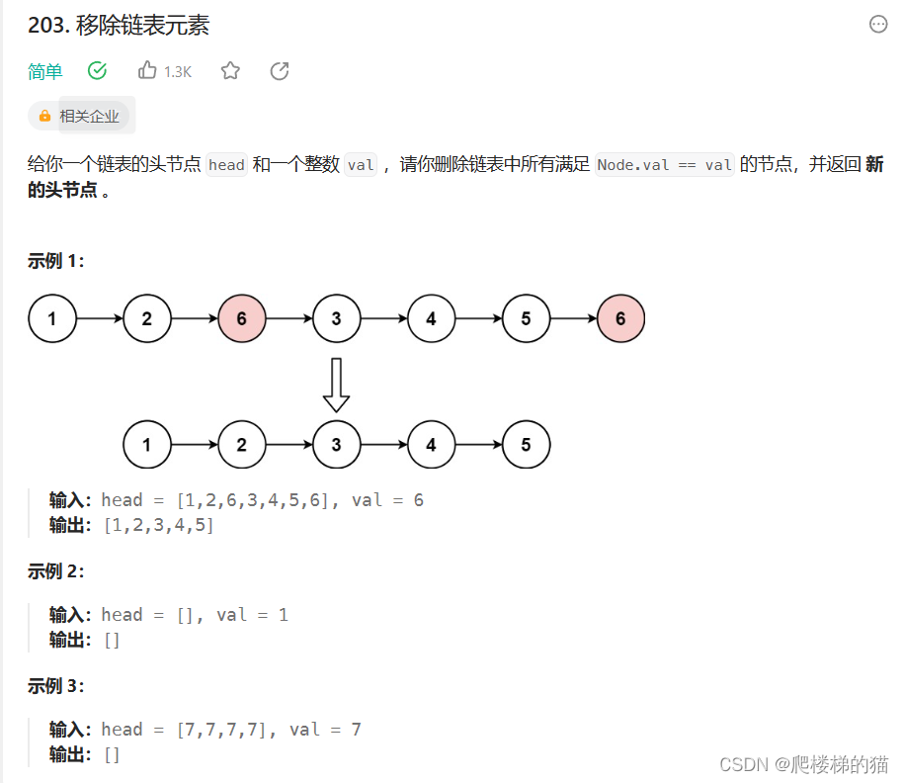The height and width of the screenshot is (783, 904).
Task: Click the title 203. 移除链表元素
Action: pyautogui.click(x=119, y=26)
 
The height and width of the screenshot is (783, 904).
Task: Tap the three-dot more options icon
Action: pyautogui.click(x=878, y=25)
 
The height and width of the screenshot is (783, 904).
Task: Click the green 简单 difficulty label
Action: pyautogui.click(x=45, y=71)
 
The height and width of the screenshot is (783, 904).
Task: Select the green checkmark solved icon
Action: pyautogui.click(x=97, y=70)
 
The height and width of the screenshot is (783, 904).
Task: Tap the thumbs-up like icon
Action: pyautogui.click(x=148, y=70)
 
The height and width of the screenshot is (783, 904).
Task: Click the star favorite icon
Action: pyautogui.click(x=230, y=70)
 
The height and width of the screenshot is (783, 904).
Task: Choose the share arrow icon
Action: pyautogui.click(x=280, y=70)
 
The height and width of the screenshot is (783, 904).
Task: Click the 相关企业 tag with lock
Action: pyautogui.click(x=80, y=116)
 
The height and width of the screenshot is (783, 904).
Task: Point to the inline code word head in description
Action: pyautogui.click(x=226, y=165)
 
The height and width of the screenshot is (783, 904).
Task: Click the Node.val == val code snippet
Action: pyautogui.click(x=664, y=165)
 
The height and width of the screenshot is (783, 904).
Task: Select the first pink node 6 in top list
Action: pyautogui.click(x=242, y=318)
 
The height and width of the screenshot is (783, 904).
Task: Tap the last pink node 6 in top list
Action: pyautogui.click(x=620, y=318)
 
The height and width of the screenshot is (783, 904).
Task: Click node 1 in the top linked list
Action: pyautogui.click(x=52, y=318)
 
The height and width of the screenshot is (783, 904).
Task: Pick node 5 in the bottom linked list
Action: pyautogui.click(x=526, y=445)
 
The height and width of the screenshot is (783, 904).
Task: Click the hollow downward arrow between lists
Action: pyautogui.click(x=337, y=385)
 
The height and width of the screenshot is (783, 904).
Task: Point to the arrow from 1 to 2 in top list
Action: pyautogui.click(x=100, y=318)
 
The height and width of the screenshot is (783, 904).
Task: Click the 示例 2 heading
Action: pyautogui.click(x=56, y=571)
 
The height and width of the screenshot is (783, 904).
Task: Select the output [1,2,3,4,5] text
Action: pyautogui.click(x=158, y=525)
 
